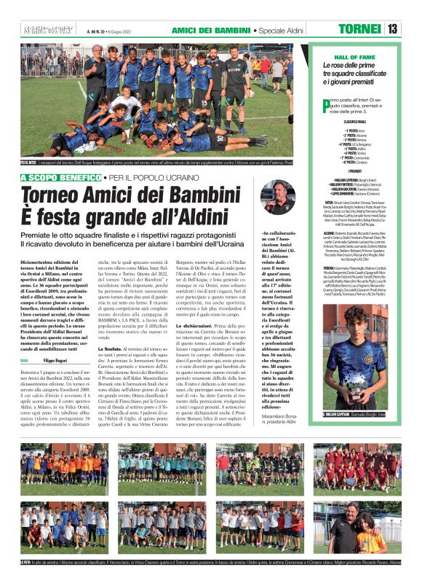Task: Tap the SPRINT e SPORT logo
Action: pyautogui.click(x=40, y=29)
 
